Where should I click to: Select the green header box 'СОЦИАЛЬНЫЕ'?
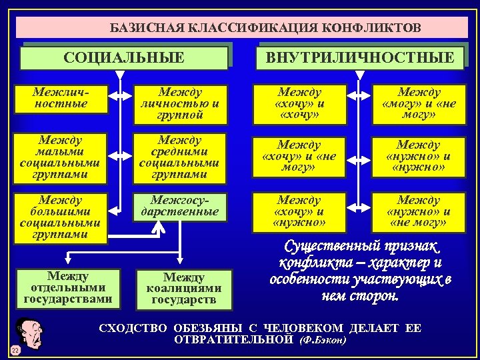tap(123, 57)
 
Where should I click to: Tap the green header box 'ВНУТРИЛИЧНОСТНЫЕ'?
tap(359, 57)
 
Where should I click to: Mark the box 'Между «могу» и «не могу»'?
tap(419, 104)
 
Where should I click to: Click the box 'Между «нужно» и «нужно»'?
tap(419, 156)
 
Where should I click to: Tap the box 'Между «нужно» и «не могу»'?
tap(419, 211)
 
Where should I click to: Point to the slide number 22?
tap(14, 350)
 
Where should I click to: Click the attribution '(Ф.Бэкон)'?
tap(323, 340)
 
